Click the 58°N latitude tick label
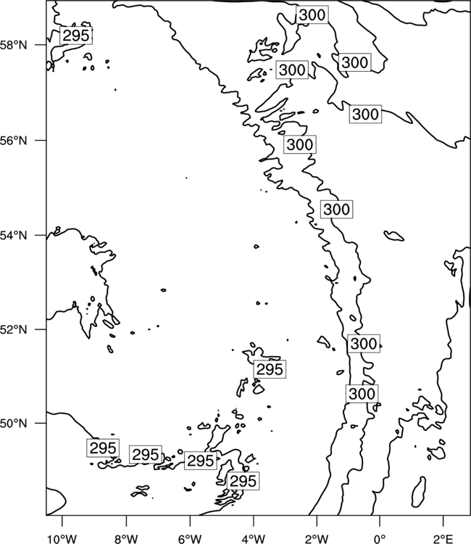click(14, 45)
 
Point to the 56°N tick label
click(14, 141)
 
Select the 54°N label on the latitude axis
click(14, 236)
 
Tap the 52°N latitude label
click(14, 329)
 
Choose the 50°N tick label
click(14, 424)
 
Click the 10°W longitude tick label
click(62, 539)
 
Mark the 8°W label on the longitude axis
click(126, 539)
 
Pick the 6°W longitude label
click(190, 539)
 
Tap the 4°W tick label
click(254, 539)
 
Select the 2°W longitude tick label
click(317, 539)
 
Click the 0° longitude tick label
click(380, 539)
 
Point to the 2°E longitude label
click(443, 539)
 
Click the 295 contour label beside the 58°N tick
click(76, 36)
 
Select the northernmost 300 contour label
click(312, 15)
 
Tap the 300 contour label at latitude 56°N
click(300, 144)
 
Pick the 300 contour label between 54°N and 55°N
click(336, 209)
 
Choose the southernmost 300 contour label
click(362, 394)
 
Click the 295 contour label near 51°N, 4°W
click(270, 369)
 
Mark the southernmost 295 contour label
click(243, 481)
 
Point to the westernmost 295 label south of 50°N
click(103, 448)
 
